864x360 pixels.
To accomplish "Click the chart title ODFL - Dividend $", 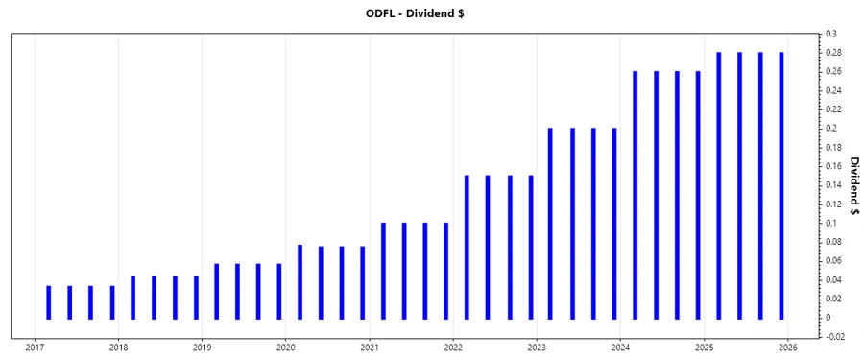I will point(431,12).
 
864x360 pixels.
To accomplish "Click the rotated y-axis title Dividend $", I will point(852,185).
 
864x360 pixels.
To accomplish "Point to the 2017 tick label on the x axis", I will point(35,348).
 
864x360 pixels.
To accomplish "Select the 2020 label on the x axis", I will point(285,348).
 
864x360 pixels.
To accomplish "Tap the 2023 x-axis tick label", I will point(536,348).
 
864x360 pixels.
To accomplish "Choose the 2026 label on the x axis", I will point(786,348).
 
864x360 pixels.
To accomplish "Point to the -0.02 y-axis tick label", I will point(836,336).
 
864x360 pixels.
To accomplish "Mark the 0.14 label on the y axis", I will point(835,184).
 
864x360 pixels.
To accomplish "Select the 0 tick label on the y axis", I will point(828,317).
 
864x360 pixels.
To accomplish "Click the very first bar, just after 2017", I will point(49,301).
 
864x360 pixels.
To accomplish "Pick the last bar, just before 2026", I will point(781,184).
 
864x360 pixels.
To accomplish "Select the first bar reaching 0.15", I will point(467,246).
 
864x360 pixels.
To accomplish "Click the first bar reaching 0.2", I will point(550,223).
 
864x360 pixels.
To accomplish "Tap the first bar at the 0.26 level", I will point(635,194).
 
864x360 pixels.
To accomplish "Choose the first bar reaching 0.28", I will point(718,184).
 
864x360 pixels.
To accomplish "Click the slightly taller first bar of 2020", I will point(300,281).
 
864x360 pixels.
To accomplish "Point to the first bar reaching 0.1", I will point(383,270).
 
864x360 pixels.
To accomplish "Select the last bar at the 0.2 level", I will point(613,223).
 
